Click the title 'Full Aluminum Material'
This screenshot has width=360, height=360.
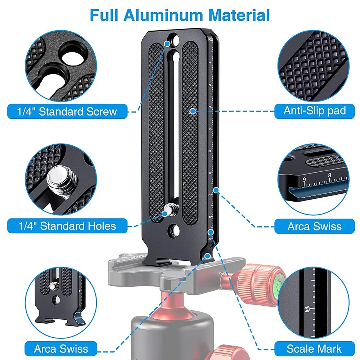180,15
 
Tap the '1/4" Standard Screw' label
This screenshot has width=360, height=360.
67,112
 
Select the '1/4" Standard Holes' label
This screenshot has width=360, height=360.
67,226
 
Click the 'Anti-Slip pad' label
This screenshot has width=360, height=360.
315,111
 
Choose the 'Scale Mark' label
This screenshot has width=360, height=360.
314,349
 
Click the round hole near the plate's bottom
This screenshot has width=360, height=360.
174,230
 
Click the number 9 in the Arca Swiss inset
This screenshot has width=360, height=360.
305,179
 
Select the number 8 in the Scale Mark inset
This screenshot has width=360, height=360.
307,309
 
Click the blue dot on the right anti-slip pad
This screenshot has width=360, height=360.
193,111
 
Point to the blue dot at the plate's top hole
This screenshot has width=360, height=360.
167,44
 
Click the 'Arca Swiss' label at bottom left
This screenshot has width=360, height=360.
61,349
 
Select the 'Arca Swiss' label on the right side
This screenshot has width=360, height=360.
315,226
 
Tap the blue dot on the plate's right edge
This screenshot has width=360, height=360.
216,190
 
